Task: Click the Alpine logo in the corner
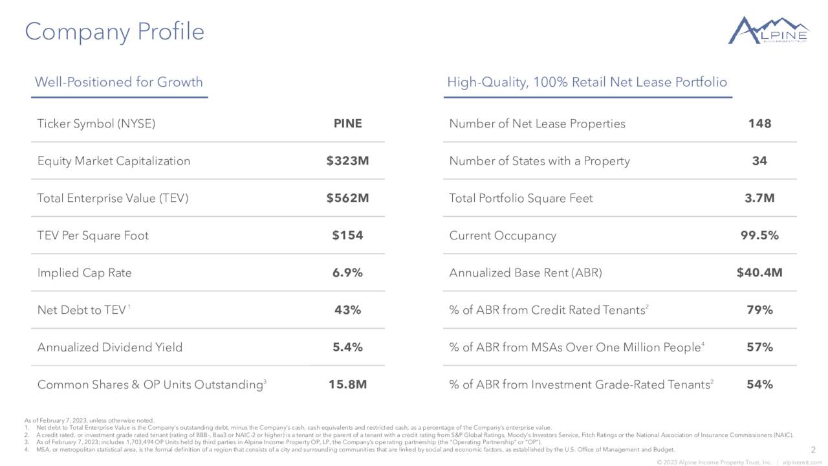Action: pos(768,30)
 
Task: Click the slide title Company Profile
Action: pos(114,32)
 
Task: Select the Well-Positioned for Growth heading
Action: pos(118,82)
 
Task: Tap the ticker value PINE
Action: pos(347,124)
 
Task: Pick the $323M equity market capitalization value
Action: pos(347,161)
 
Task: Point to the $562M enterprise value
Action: pos(347,198)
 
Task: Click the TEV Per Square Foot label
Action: pos(93,236)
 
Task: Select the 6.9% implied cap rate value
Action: pos(347,273)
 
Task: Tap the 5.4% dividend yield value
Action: pos(347,348)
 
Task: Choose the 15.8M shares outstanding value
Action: pos(347,385)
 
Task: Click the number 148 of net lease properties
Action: pos(759,124)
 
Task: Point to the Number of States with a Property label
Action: pos(539,161)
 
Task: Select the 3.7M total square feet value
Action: pos(759,198)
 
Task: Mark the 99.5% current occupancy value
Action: pos(759,236)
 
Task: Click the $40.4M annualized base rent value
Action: pos(759,273)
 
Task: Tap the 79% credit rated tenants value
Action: pos(759,310)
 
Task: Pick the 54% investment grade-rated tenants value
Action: pos(759,385)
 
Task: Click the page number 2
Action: pos(813,450)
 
